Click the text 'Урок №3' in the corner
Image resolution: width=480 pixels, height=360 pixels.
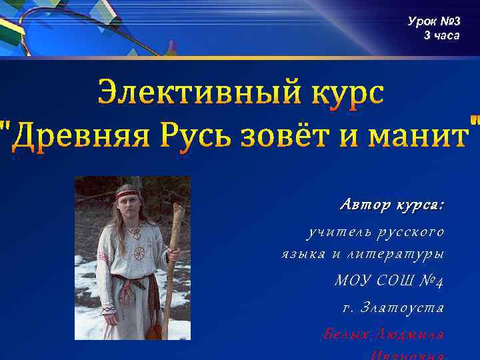(x=434, y=22)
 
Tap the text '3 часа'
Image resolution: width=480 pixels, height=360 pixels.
(x=441, y=35)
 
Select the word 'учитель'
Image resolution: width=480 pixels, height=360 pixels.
(x=332, y=232)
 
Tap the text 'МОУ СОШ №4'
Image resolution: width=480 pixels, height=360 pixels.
(x=389, y=281)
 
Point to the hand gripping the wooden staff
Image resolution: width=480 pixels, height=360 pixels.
(x=172, y=253)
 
